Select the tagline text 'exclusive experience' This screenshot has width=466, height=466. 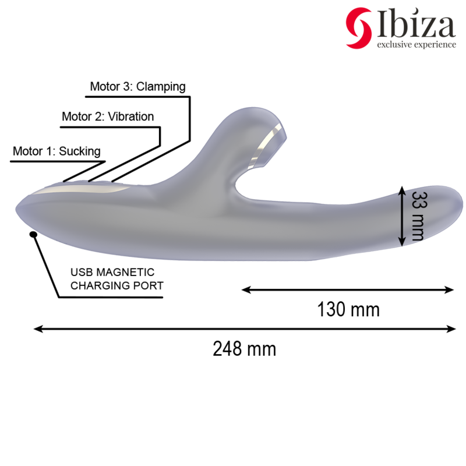tap(416, 45)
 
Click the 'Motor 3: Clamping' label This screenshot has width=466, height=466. tap(137, 87)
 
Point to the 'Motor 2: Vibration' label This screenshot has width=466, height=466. tap(108, 116)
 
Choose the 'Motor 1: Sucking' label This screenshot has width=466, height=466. tap(57, 151)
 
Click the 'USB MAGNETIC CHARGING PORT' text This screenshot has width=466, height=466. tap(116, 279)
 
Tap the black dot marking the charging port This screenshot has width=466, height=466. tap(33, 234)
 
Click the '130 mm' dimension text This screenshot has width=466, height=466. tap(348, 309)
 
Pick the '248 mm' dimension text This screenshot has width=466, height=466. tap(244, 349)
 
